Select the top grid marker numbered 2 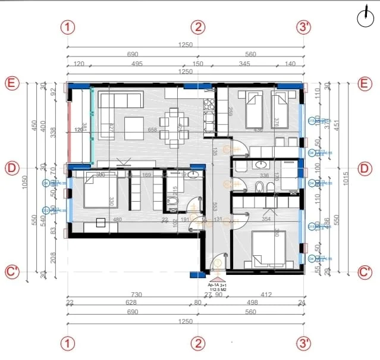(x=198, y=27)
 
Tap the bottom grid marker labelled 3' (x=304, y=343)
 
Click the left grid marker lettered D (x=11, y=168)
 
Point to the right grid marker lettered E (x=365, y=83)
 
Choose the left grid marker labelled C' (x=11, y=272)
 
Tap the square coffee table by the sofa (x=133, y=126)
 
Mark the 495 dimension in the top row (x=137, y=63)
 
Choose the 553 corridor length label (x=215, y=206)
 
